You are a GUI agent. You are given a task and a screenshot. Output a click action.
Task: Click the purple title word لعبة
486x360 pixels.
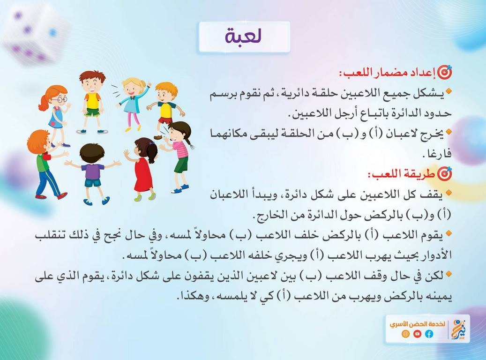[244, 36]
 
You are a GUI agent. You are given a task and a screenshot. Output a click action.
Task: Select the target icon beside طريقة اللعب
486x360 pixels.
[445, 174]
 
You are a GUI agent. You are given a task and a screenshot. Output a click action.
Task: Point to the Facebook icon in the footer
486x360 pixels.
[429, 334]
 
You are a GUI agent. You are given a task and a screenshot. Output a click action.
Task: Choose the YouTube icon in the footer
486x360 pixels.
[417, 334]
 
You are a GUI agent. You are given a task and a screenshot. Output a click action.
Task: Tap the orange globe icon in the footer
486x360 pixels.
[405, 334]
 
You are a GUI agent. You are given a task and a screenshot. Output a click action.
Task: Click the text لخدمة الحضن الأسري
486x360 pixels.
[418, 324]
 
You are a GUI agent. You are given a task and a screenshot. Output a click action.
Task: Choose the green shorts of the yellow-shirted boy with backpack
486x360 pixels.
[92, 112]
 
